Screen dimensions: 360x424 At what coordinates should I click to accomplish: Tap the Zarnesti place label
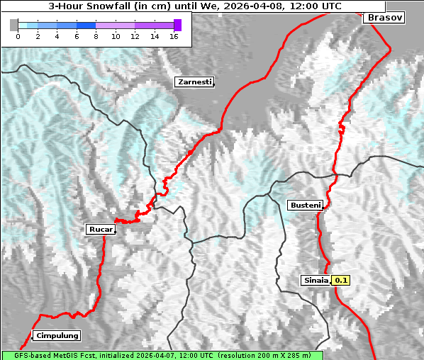click(x=194, y=82)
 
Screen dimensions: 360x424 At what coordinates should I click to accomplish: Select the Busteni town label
click(x=306, y=206)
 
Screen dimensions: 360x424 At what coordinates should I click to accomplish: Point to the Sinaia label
click(x=316, y=280)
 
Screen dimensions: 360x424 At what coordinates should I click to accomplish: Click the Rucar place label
click(x=100, y=229)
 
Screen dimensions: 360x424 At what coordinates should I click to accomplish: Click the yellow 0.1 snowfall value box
click(x=341, y=280)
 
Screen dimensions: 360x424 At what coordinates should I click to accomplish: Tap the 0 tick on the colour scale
click(x=18, y=36)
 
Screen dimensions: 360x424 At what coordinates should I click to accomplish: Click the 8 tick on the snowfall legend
click(x=96, y=36)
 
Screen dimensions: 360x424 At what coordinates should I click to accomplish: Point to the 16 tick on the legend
click(x=174, y=36)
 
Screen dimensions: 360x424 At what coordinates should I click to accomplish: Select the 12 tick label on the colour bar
click(x=135, y=36)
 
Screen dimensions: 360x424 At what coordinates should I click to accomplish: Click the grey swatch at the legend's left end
click(x=14, y=25)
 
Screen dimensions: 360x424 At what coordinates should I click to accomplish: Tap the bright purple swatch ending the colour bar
click(x=177, y=25)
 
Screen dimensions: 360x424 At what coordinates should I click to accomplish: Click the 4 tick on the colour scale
click(x=57, y=36)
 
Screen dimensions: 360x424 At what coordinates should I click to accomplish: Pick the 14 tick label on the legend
click(x=154, y=36)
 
